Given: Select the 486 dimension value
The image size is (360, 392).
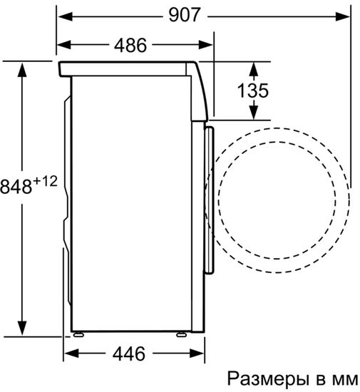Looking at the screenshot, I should pyautogui.click(x=130, y=46).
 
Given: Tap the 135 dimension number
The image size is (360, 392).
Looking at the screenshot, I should pyautogui.click(x=252, y=91).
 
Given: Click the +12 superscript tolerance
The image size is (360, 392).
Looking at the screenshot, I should pyautogui.click(x=45, y=182).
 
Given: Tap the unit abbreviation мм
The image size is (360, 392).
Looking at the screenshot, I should pyautogui.click(x=345, y=377).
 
